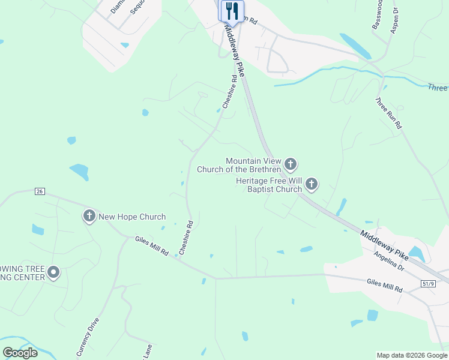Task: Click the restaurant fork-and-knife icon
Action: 231,11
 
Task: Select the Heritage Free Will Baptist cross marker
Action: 311,184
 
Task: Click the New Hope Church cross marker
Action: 89,216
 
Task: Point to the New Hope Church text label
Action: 132,217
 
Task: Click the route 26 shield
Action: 40,191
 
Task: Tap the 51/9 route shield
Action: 428,284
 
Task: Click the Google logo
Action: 20,352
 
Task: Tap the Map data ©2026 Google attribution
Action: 412,355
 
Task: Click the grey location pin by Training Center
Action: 53,273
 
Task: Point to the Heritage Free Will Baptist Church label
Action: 268,185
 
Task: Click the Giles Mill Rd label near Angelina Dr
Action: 384,284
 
